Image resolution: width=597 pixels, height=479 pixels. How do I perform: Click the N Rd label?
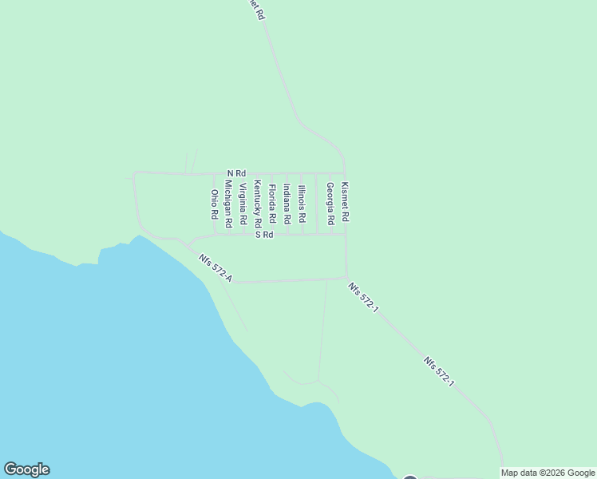(236, 173)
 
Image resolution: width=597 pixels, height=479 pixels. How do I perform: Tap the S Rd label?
(264, 235)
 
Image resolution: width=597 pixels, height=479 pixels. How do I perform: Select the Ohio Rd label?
(214, 204)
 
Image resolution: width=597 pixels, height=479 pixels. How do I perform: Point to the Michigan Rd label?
(228, 204)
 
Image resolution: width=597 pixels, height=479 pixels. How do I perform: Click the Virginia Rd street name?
(243, 203)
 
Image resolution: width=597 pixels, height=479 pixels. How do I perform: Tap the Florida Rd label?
(272, 204)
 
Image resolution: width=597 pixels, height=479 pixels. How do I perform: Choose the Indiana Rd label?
(287, 204)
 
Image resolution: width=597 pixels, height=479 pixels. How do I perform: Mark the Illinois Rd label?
(302, 204)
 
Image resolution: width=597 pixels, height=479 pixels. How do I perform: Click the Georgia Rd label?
(330, 204)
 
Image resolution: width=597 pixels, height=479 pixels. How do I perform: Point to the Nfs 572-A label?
(216, 266)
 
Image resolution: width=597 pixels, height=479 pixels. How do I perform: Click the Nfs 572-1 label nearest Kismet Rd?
(362, 297)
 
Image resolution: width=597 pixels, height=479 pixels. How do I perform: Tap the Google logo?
(26, 469)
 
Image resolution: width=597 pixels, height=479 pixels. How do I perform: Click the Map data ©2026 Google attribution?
(548, 473)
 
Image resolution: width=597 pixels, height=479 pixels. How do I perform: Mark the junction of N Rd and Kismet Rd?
(345, 173)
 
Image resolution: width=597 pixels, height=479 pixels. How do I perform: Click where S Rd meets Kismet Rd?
(346, 235)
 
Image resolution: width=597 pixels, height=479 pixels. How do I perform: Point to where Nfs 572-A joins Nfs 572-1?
(347, 279)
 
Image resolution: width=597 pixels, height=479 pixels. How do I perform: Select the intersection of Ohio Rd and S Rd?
(214, 235)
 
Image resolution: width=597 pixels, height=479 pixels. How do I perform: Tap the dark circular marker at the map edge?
(410, 477)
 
